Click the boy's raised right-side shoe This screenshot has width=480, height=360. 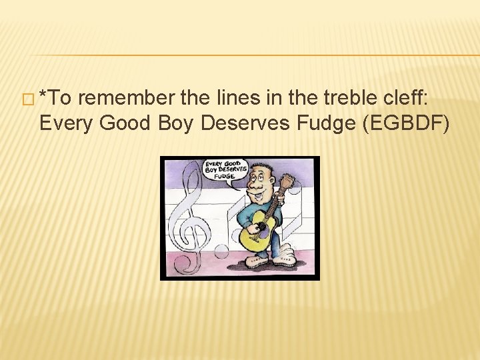click(x=285, y=254)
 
